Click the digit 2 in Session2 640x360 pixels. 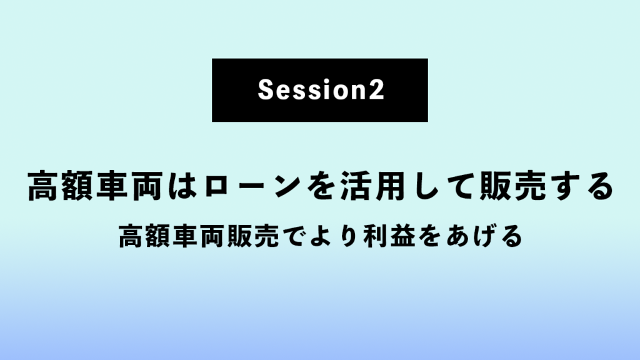(377, 89)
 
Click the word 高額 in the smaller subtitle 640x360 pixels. (144, 236)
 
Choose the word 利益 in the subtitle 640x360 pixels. (389, 236)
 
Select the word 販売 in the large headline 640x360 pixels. (512, 186)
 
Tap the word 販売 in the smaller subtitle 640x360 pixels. (253, 236)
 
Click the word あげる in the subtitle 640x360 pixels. (484, 236)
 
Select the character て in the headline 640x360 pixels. (461, 187)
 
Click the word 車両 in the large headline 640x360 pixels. (130, 186)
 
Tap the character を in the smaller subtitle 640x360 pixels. (430, 236)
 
